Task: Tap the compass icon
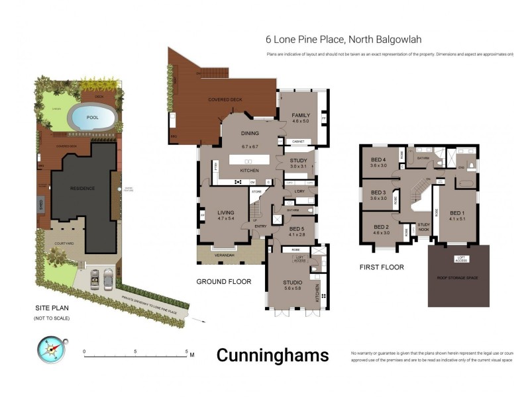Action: pos(50,349)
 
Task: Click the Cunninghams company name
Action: pos(272,355)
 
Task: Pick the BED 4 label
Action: pos(378,162)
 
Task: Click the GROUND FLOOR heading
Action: pos(224,281)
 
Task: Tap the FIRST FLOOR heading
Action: pos(382,267)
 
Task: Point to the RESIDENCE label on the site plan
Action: pos(83,188)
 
